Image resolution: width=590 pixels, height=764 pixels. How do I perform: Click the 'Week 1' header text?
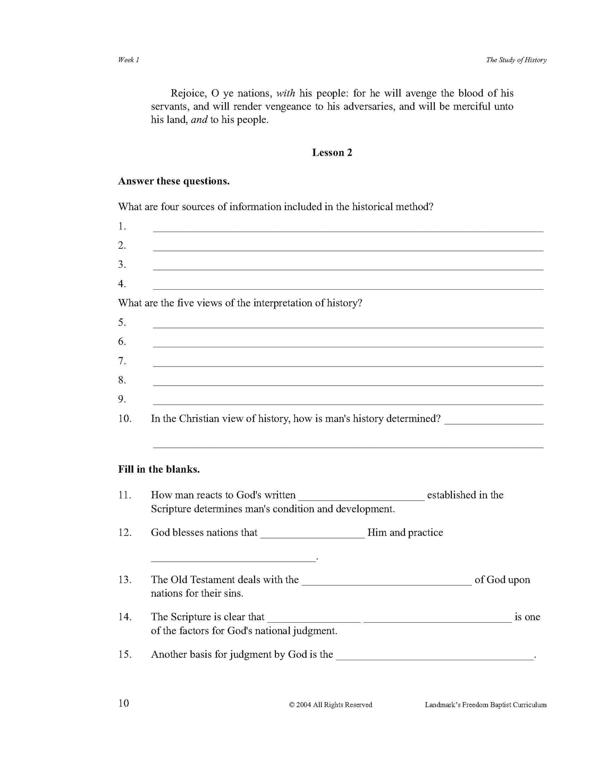click(x=129, y=60)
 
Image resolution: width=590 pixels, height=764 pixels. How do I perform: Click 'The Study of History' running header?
click(x=516, y=60)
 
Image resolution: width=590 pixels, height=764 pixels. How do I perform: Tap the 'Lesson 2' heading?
click(x=332, y=152)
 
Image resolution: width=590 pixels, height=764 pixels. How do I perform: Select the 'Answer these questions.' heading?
click(x=174, y=181)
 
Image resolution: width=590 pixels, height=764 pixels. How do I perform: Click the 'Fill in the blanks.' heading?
click(x=159, y=469)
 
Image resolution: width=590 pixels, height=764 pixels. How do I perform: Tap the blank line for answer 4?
click(x=347, y=286)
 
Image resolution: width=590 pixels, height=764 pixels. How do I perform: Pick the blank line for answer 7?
click(x=347, y=363)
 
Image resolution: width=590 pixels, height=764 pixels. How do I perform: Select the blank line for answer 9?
click(x=347, y=401)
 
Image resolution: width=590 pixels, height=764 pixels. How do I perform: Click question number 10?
click(x=125, y=418)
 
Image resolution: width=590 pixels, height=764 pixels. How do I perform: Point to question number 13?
click(x=125, y=579)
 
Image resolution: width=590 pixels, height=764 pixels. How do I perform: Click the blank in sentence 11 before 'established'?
click(x=361, y=497)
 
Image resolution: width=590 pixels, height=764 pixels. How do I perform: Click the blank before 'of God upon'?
click(x=387, y=582)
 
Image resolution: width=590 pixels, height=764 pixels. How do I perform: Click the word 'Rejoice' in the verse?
click(x=187, y=93)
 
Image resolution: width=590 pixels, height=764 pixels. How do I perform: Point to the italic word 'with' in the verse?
click(x=285, y=93)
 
